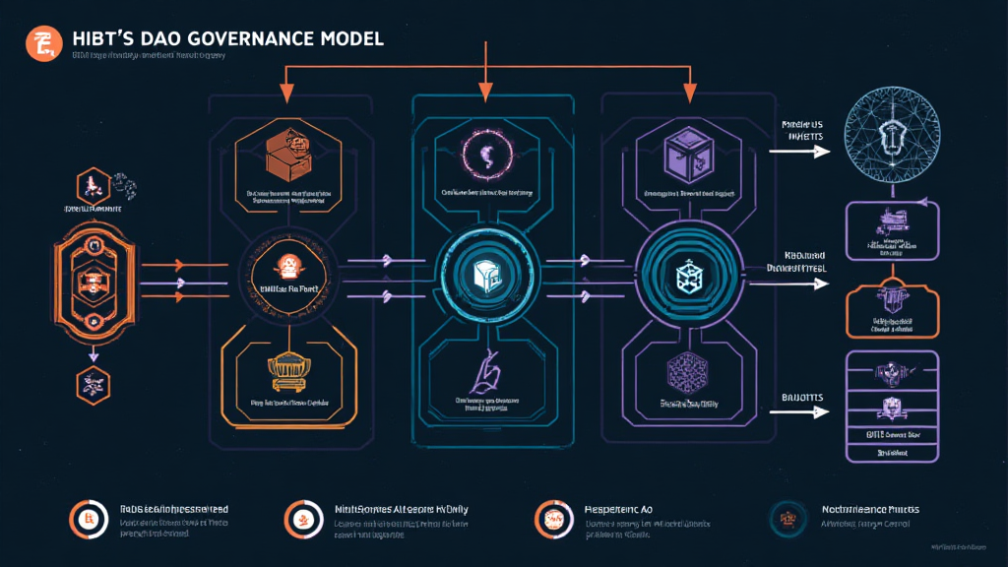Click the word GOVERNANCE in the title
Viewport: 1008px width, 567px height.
(250, 37)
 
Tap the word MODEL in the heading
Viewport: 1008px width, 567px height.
(350, 37)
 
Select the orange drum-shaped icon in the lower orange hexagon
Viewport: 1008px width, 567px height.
(288, 368)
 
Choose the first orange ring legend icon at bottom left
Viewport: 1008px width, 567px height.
(88, 518)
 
